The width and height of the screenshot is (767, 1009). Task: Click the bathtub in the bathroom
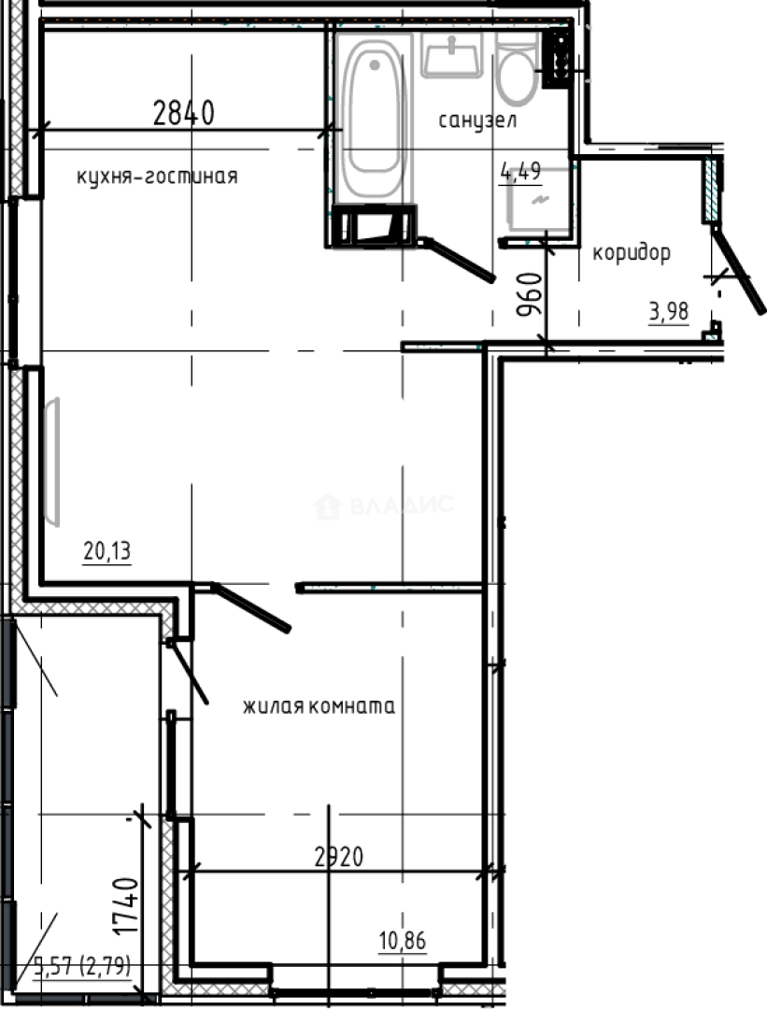pos(374,117)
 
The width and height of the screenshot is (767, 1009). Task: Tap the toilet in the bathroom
pos(517,75)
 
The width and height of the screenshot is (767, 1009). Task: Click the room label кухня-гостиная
pos(157,176)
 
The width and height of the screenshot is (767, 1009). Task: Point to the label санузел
pos(477,120)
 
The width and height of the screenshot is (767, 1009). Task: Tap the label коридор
pos(631,252)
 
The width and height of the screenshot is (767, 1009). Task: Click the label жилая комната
pos(319,706)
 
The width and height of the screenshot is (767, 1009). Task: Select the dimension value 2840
pos(184,113)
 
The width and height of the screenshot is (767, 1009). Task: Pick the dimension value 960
pos(529,295)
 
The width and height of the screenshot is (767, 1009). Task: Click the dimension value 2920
pos(337,856)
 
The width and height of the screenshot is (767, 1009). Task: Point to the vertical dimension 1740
pos(125,905)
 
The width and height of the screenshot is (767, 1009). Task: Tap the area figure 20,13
pos(107,552)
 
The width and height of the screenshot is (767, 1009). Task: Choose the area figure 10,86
pos(403,941)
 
